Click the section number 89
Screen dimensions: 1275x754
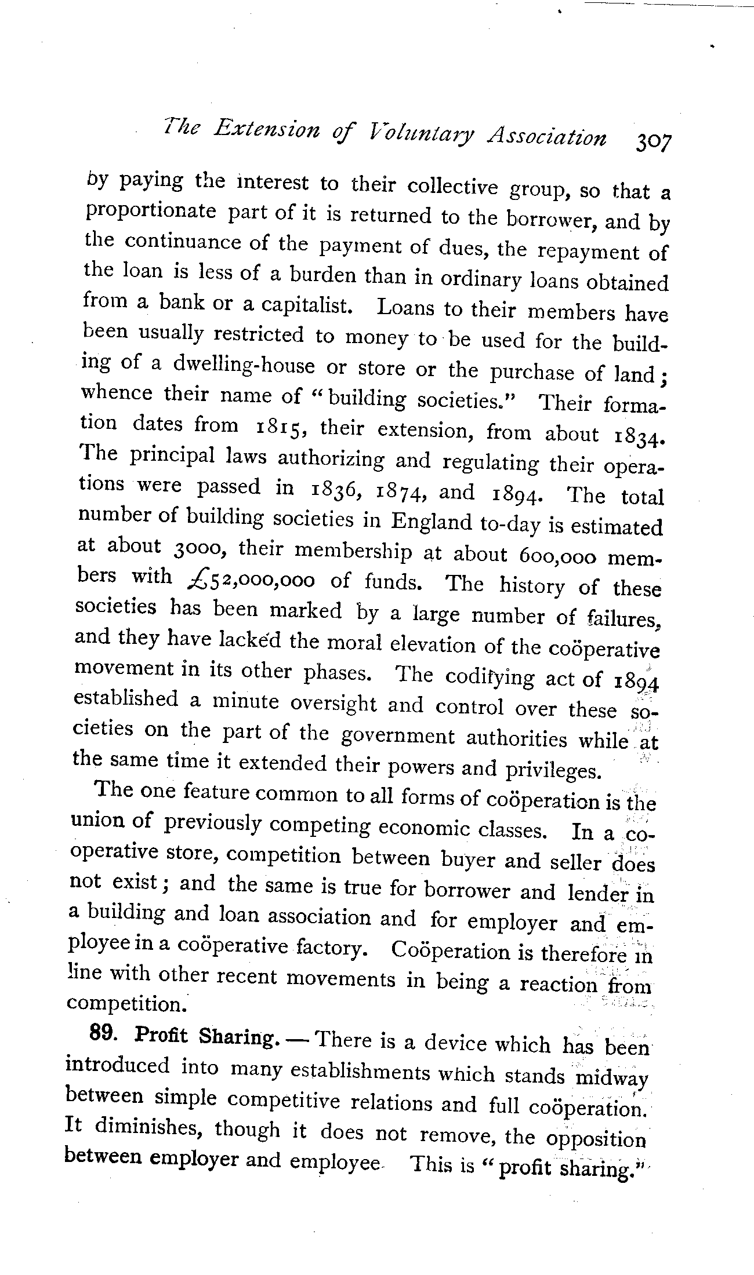(x=105, y=1033)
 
